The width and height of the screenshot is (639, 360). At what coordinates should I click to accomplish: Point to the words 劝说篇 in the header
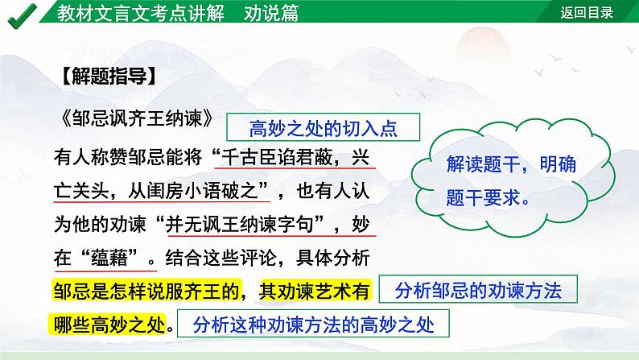272,12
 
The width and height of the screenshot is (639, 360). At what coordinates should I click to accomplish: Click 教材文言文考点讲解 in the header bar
143,12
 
